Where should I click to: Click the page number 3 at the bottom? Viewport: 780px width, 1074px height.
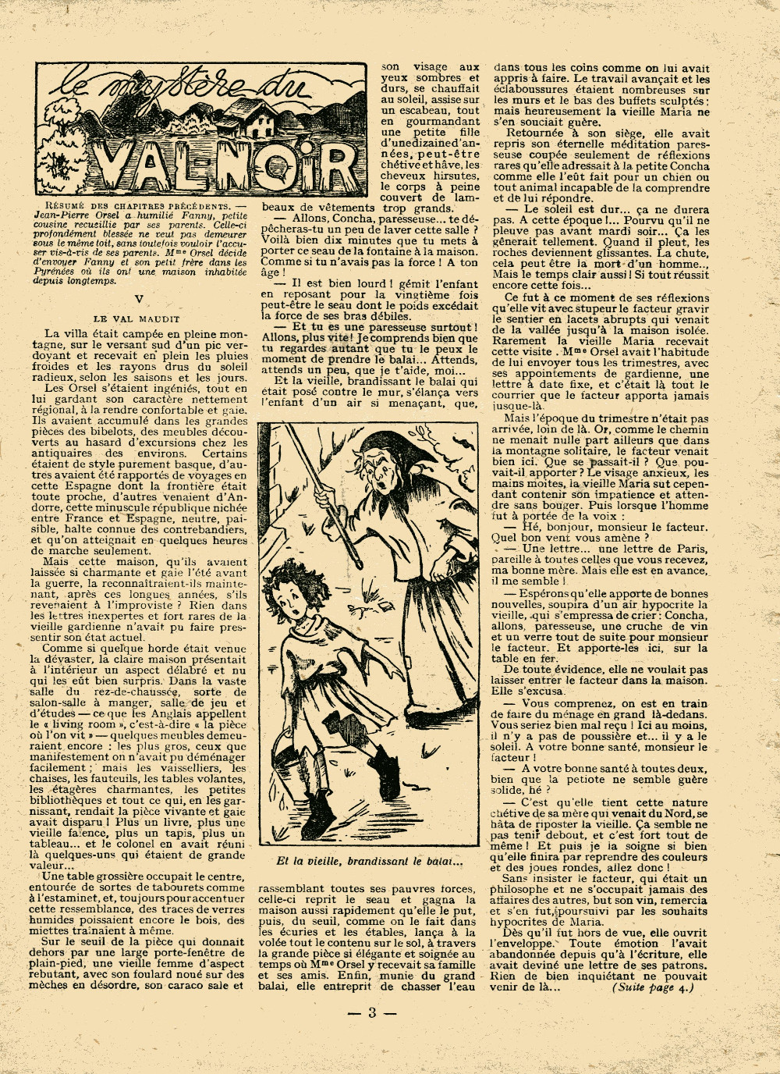372,1013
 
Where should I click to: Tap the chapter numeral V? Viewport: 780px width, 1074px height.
136,299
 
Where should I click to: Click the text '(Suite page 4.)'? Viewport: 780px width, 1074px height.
652,987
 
